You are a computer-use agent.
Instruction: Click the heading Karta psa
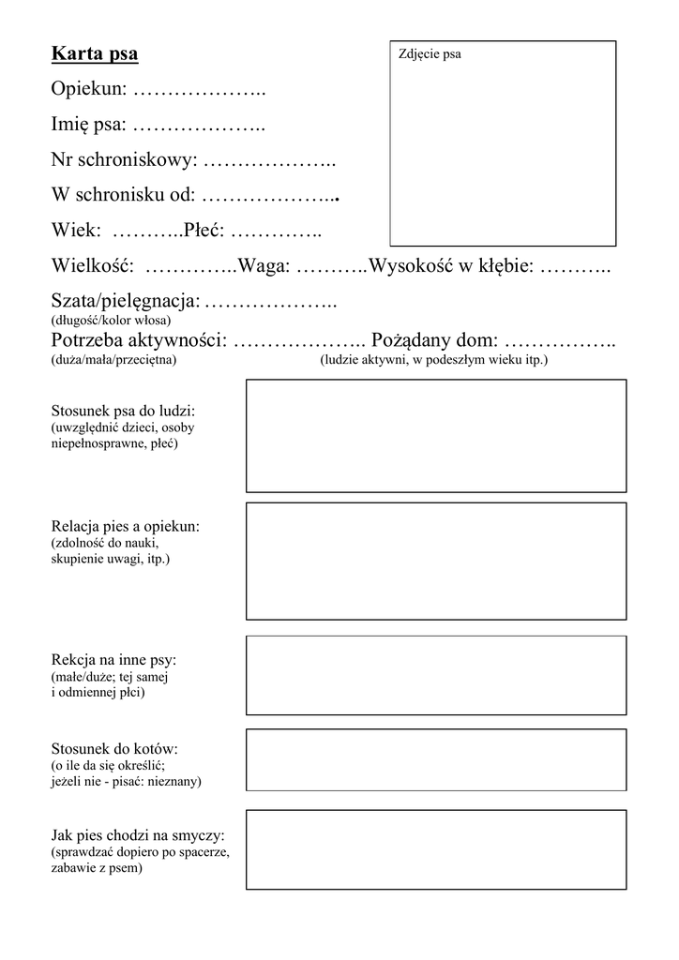tap(95, 54)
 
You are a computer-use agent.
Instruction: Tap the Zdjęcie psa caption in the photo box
tap(430, 54)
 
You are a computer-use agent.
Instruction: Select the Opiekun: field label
tap(89, 90)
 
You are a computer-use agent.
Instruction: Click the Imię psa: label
tap(88, 125)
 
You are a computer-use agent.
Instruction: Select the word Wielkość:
tap(92, 266)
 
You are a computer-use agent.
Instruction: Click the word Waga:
tap(264, 266)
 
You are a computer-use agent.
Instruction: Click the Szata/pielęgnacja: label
tap(126, 302)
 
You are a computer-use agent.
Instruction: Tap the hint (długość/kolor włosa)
tap(111, 321)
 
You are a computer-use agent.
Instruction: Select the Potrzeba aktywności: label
tap(139, 339)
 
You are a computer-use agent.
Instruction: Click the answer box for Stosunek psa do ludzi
tap(436, 436)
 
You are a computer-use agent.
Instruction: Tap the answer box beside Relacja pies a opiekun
tap(436, 561)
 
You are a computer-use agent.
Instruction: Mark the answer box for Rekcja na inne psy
tap(436, 675)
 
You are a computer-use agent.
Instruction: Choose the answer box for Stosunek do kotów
tap(436, 760)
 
